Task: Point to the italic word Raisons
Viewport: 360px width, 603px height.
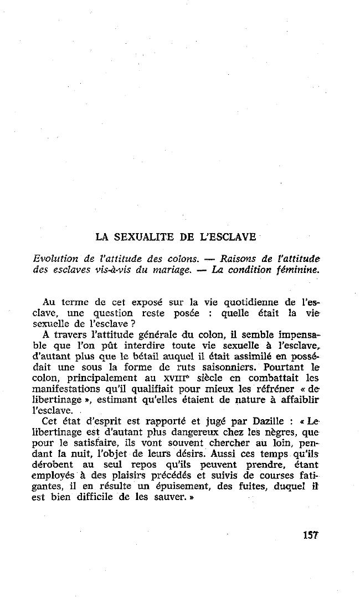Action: coord(239,259)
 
